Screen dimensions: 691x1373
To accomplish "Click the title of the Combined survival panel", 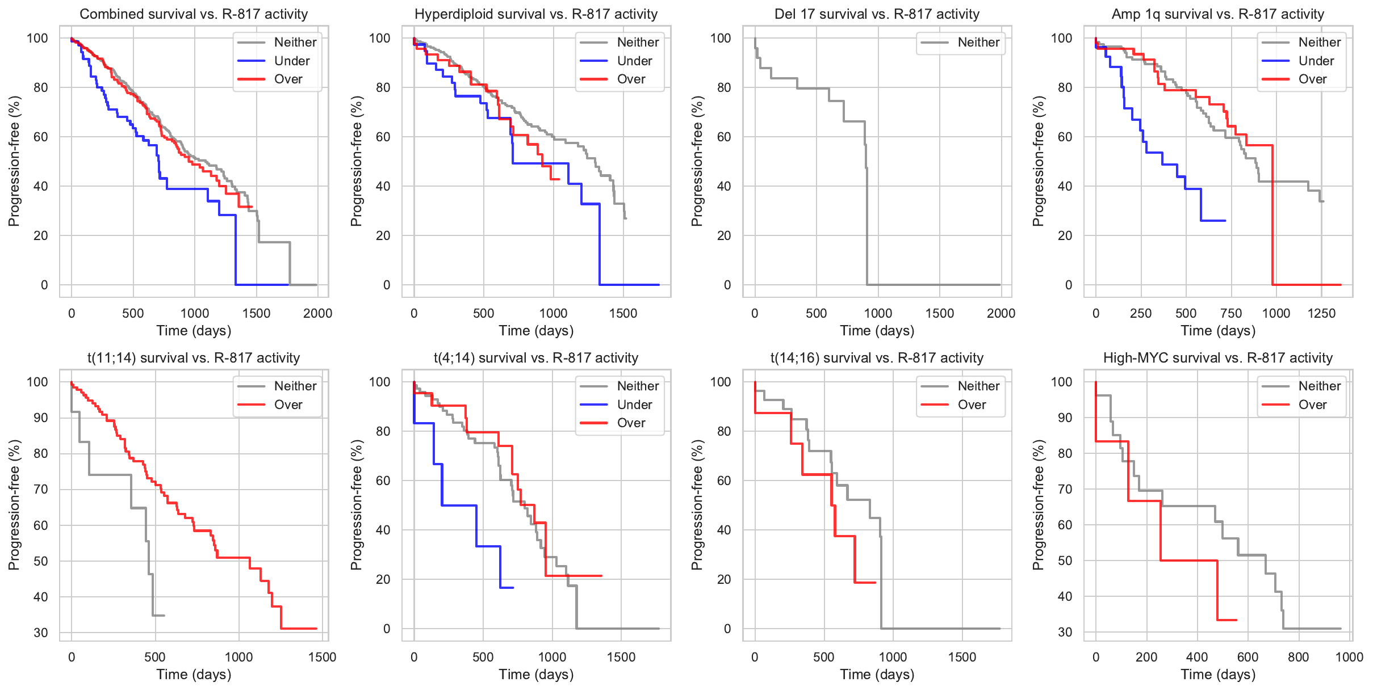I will click(194, 14).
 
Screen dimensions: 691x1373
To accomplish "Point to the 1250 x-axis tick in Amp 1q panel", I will click(1321, 313).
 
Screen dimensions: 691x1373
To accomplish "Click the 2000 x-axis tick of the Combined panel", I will click(317, 313).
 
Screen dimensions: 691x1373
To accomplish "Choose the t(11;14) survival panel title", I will click(194, 358).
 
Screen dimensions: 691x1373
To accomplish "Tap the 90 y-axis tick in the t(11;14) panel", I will click(40, 418).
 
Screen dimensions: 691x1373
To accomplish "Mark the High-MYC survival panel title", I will click(1217, 358).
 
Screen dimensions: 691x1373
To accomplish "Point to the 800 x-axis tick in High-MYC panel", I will click(1298, 657).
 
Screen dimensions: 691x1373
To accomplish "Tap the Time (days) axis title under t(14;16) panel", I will click(877, 675).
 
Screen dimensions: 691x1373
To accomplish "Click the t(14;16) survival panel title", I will click(877, 358).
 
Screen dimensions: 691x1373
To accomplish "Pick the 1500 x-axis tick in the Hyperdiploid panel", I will click(623, 313).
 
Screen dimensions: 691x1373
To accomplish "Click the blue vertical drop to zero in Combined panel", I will click(236, 250).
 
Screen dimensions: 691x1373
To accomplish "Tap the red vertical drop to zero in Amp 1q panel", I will click(1272, 216).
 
